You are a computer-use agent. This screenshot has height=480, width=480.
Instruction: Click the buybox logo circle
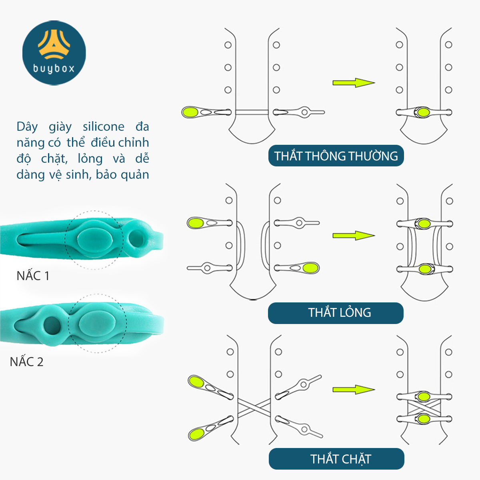point(54,53)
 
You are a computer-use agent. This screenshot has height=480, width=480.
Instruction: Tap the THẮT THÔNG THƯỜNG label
point(336,156)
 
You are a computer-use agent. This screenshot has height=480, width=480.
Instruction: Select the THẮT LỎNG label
point(339,312)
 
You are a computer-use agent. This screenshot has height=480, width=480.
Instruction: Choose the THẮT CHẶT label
point(340,459)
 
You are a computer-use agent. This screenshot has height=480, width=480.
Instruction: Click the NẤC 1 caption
point(33,276)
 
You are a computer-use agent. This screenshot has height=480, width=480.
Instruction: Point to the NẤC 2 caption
point(26,362)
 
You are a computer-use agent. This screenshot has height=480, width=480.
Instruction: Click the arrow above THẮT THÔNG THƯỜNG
point(353,83)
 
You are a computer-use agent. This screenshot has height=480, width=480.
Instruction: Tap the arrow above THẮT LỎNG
point(353,235)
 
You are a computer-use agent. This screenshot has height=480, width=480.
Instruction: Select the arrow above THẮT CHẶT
point(353,390)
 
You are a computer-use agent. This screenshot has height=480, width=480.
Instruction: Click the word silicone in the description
point(104,127)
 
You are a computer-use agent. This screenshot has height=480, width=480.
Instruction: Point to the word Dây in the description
point(27,127)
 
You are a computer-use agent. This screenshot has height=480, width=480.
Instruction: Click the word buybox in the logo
point(54,69)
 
